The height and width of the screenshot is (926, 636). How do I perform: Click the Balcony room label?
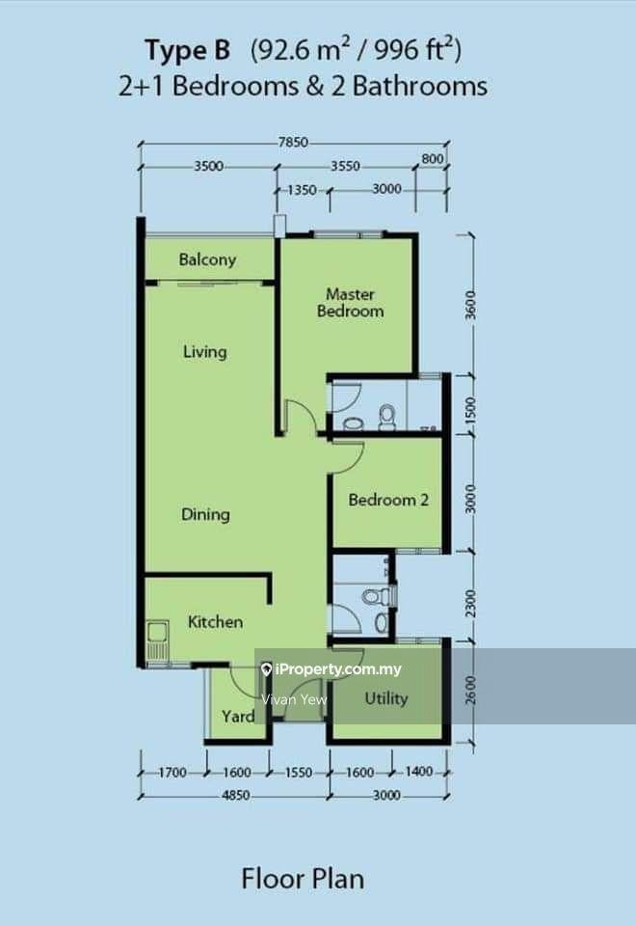(207, 259)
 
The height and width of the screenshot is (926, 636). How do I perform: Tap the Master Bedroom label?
(351, 302)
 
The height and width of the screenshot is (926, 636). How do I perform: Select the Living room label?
(204, 352)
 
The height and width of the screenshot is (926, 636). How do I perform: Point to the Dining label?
(205, 514)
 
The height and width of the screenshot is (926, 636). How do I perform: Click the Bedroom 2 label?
(388, 501)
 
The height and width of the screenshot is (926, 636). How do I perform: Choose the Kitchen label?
(215, 621)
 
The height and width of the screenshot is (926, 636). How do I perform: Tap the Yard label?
(238, 717)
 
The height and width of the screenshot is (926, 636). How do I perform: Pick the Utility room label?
(386, 698)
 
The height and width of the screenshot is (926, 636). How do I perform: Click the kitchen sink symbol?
(157, 640)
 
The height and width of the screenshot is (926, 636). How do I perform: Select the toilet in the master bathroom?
(387, 416)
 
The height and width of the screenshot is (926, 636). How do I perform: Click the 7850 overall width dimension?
(293, 143)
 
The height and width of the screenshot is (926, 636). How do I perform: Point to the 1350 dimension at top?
(302, 190)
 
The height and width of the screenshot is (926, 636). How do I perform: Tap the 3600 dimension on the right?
(470, 305)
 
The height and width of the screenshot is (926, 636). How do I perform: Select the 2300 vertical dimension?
(470, 603)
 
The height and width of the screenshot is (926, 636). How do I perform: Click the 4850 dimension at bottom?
(235, 796)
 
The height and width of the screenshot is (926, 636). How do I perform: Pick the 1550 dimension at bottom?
(299, 773)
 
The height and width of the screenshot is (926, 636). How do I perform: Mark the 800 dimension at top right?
(433, 158)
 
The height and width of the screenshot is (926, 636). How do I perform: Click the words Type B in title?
(188, 51)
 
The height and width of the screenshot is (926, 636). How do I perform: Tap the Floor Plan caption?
(303, 879)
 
